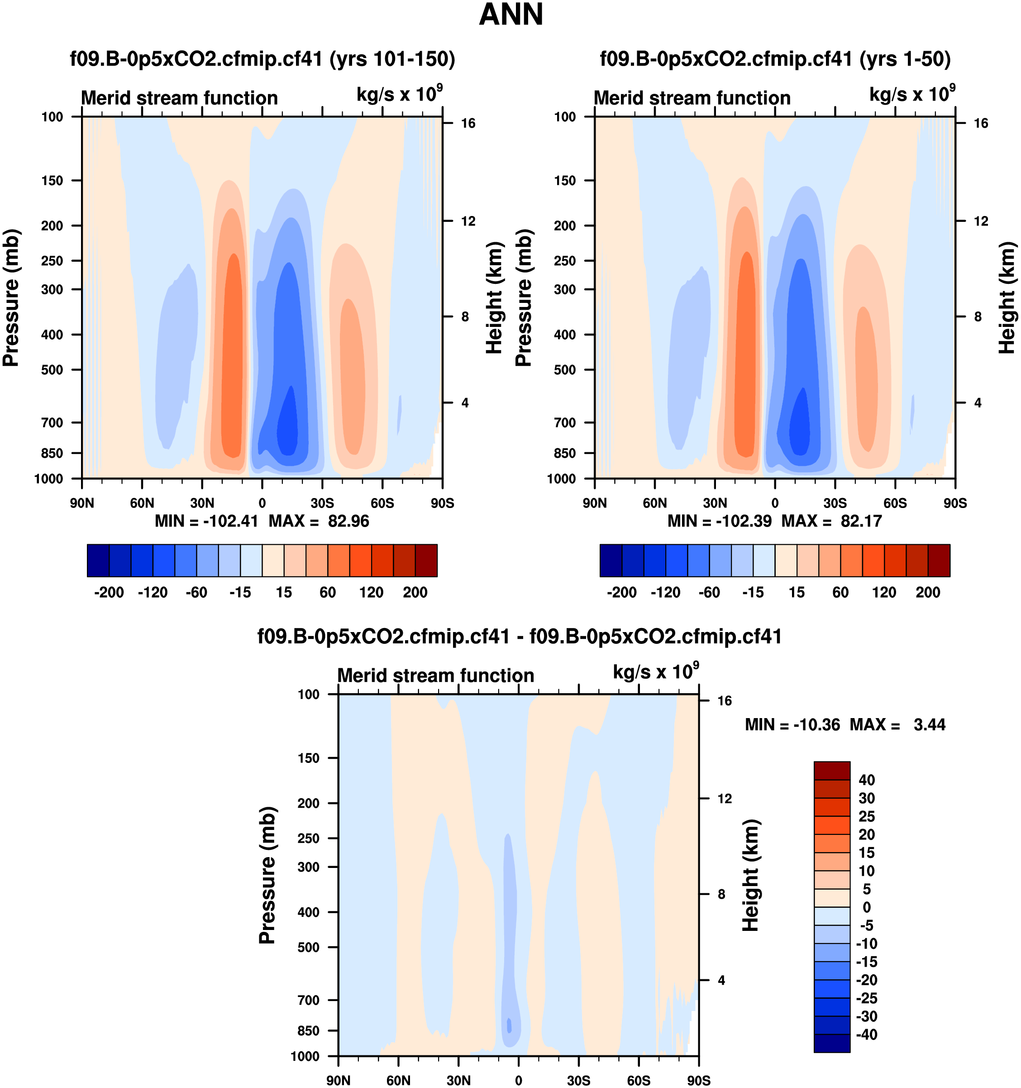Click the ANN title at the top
point(511,15)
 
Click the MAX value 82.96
point(348,521)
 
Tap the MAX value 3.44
point(930,725)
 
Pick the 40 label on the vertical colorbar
point(867,780)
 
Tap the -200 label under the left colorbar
point(109,592)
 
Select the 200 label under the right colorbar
point(928,592)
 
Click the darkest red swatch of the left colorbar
point(426,561)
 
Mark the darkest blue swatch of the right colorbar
point(611,561)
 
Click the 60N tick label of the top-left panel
point(142,503)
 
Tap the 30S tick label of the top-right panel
point(835,503)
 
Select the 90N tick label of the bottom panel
point(338,1080)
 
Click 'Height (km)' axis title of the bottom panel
point(751,876)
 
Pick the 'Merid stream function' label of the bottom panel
point(435,676)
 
